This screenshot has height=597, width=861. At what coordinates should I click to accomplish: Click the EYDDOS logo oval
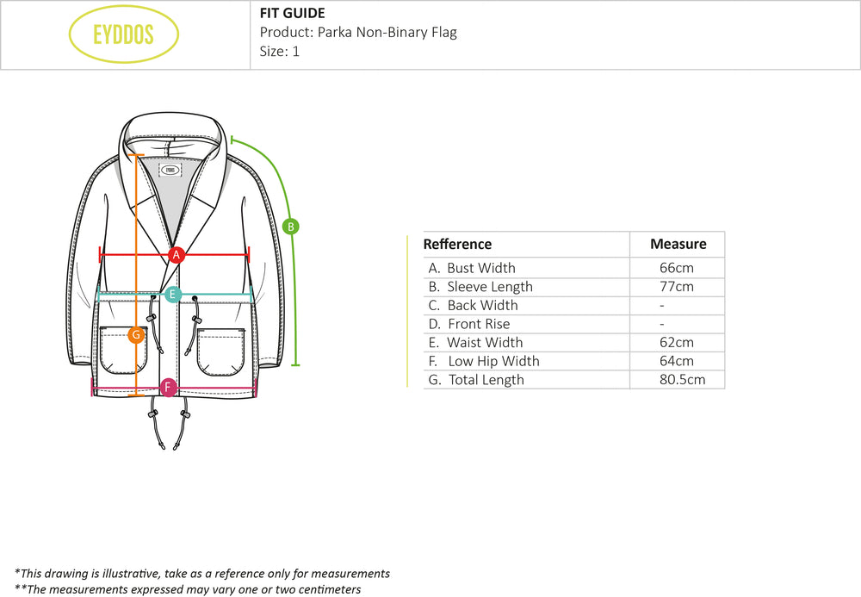[123, 34]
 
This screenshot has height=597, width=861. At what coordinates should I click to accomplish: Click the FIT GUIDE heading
[292, 13]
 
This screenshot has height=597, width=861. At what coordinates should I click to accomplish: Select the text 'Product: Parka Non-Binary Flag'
[358, 33]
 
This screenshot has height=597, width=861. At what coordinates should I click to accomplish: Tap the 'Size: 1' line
[280, 52]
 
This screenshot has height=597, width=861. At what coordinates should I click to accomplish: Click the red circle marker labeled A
[177, 254]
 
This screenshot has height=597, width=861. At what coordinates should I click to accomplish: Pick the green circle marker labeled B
[291, 227]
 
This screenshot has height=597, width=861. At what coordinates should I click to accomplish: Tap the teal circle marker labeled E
[172, 295]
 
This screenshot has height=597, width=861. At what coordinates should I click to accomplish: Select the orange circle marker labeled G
[135, 335]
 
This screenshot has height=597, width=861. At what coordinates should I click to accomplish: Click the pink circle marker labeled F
[169, 388]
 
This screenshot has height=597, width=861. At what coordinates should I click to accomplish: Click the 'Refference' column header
[457, 245]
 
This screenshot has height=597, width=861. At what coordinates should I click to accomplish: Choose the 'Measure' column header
[678, 245]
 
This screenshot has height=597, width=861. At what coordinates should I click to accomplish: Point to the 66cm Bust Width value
[676, 268]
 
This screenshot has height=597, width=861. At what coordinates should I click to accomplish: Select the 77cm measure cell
[676, 287]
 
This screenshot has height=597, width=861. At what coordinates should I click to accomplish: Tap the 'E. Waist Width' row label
[475, 343]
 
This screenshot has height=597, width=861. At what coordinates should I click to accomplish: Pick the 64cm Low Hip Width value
[676, 361]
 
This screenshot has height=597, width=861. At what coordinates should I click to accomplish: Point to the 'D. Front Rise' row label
[469, 324]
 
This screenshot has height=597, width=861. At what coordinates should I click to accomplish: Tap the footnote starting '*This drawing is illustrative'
[202, 574]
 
